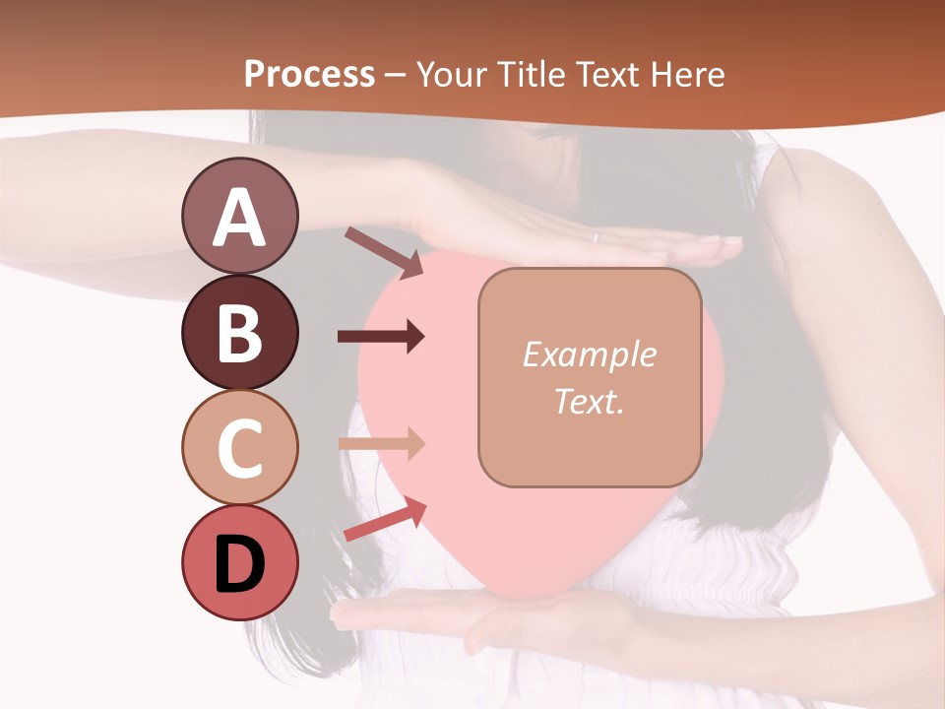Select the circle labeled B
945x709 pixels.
coord(239,332)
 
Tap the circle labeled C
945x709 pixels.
coord(239,447)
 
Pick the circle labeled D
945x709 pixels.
coord(239,562)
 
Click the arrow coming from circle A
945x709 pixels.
coord(384,251)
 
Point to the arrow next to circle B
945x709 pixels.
coord(381,337)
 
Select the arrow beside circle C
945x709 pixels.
coord(381,443)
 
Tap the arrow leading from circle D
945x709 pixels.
coord(385,519)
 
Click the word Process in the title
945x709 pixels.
coord(309,74)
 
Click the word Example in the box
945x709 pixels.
coord(589,354)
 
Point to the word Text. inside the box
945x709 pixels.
coord(589,401)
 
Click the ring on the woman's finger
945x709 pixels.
coord(595,237)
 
